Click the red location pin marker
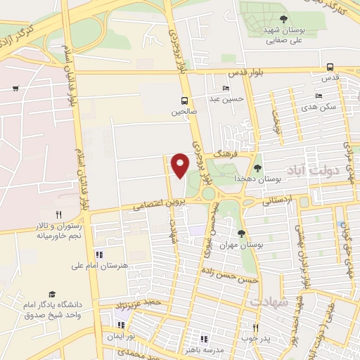click(180, 165)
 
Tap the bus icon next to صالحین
click(184, 101)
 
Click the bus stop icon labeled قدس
click(330, 67)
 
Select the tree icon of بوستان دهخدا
click(257, 168)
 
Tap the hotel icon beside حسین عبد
click(226, 89)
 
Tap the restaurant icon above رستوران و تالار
click(59, 215)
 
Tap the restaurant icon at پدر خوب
click(256, 327)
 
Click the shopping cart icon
click(15, 88)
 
